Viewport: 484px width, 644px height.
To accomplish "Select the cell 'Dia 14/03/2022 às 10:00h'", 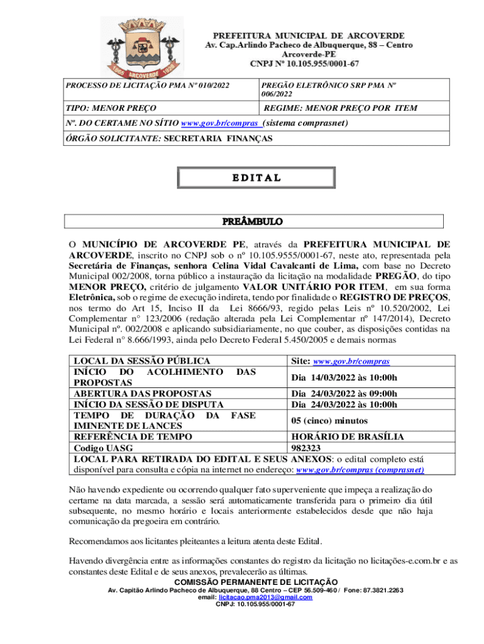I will pyautogui.click(x=344, y=377).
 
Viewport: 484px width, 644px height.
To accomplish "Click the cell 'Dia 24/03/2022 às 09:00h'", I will pyautogui.click(x=344, y=394).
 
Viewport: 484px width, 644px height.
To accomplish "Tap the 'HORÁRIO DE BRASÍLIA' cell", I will pyautogui.click(x=348, y=436).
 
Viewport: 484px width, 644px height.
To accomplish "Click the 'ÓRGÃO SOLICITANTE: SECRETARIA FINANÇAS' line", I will pyautogui.click(x=168, y=138).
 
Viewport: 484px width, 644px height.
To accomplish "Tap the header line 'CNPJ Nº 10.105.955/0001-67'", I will pyautogui.click(x=305, y=64).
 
